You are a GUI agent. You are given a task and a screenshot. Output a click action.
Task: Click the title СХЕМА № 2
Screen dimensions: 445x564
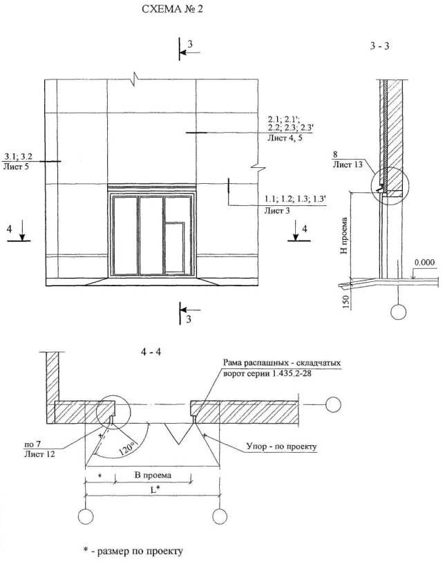(x=172, y=9)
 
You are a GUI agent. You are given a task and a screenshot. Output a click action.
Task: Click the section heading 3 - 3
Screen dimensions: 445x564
(x=379, y=46)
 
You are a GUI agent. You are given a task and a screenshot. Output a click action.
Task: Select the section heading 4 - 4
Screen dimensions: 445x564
(x=151, y=352)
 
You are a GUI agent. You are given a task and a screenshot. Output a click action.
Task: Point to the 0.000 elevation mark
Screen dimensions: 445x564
(x=424, y=263)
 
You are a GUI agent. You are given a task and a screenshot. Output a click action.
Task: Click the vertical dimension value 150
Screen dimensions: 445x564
(x=345, y=302)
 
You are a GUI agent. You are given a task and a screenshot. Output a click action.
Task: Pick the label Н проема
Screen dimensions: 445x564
(x=344, y=235)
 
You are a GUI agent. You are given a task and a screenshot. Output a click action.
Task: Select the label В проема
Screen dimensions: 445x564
(x=153, y=475)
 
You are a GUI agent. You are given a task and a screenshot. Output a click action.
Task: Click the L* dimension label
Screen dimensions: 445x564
(x=155, y=489)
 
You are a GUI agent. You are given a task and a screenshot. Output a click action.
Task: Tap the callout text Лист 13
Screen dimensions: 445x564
(x=348, y=164)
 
